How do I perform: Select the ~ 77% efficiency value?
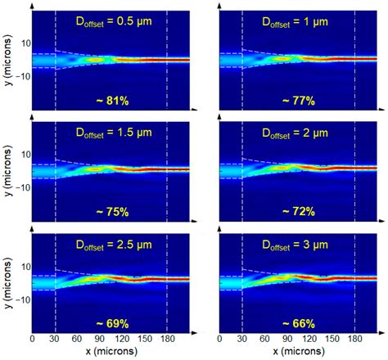296,100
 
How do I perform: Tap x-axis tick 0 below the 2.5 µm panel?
32,337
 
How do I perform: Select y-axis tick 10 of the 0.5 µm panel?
24,43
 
